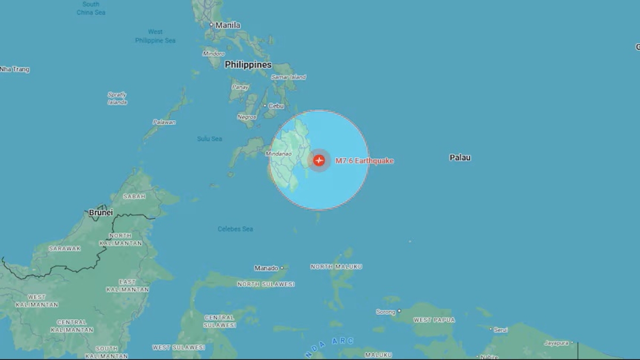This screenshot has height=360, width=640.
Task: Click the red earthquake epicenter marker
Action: click(x=319, y=160)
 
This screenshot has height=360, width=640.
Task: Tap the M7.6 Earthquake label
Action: click(x=365, y=161)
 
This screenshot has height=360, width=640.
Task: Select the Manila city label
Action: click(x=228, y=25)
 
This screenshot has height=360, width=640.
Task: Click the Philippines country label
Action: click(x=248, y=65)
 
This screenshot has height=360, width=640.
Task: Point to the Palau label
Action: click(x=460, y=157)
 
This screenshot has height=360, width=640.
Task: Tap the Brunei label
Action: click(x=101, y=212)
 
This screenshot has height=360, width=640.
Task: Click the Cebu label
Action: click(x=276, y=106)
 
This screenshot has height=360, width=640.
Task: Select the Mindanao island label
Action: click(x=279, y=154)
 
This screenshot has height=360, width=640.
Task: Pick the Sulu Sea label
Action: click(x=210, y=139)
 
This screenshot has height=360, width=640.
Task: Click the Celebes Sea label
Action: click(x=235, y=229)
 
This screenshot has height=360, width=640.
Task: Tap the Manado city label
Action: click(x=266, y=268)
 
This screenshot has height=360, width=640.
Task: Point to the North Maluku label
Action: click(x=337, y=267)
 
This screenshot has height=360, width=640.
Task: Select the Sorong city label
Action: click(x=386, y=312)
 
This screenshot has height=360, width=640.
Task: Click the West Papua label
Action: click(x=434, y=320)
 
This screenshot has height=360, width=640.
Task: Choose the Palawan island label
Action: click(x=164, y=122)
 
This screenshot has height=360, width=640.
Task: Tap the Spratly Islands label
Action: click(x=117, y=98)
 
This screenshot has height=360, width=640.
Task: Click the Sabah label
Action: click(x=134, y=196)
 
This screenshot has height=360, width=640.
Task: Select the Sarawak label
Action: click(x=65, y=249)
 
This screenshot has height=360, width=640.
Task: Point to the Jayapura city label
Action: click(x=556, y=343)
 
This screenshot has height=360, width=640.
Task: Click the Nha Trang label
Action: click(x=14, y=69)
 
